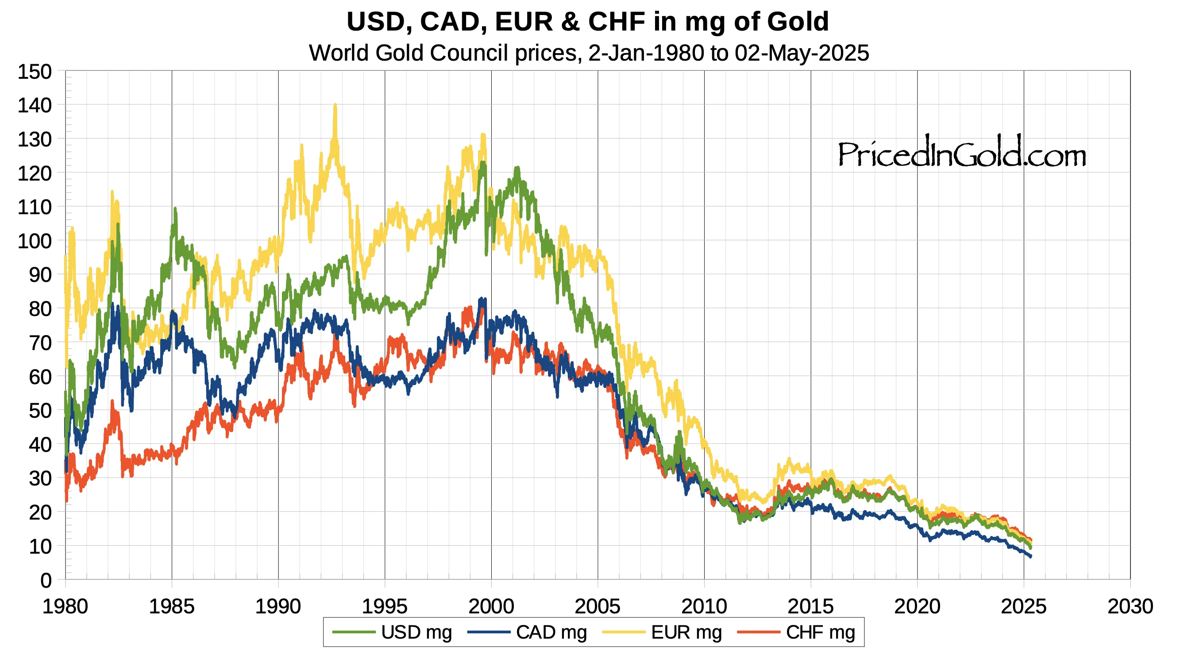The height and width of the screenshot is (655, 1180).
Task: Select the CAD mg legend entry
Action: (x=527, y=632)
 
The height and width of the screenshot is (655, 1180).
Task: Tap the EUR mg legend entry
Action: (x=663, y=632)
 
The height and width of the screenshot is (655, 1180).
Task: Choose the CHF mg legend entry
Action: (x=797, y=632)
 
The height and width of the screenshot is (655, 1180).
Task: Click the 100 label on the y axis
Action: (x=35, y=241)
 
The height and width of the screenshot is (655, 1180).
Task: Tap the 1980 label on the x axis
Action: (x=65, y=606)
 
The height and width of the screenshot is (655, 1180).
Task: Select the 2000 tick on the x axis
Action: (x=491, y=606)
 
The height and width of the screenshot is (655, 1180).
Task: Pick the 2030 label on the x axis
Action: (x=1130, y=606)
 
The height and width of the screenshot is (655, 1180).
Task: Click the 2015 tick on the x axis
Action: (x=810, y=606)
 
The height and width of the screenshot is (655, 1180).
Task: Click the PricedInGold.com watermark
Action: (x=962, y=153)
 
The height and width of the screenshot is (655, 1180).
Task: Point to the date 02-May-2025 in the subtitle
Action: (x=802, y=53)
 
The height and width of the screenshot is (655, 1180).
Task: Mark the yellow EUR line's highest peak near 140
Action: (x=335, y=105)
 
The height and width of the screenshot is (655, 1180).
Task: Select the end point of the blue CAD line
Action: (x=1031, y=556)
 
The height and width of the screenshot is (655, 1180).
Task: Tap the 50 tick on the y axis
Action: (x=40, y=411)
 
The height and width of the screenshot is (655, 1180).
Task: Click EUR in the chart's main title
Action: (x=524, y=22)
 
